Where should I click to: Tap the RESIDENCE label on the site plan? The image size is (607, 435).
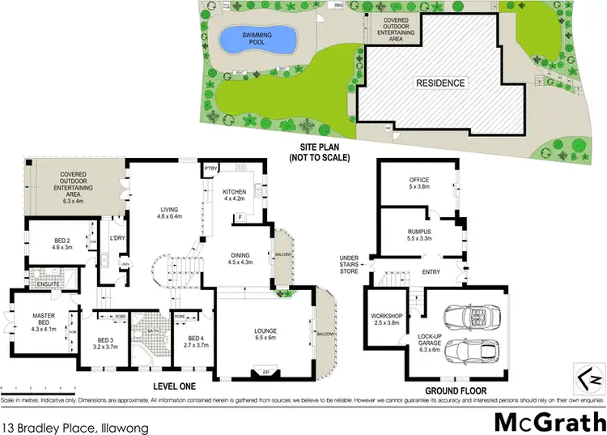(x=440, y=83)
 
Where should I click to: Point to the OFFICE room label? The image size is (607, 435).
(x=418, y=180)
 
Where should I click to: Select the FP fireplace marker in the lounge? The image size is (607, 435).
(x=265, y=374)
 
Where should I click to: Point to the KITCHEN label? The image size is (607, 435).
(x=234, y=192)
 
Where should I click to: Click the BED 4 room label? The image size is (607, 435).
(x=196, y=338)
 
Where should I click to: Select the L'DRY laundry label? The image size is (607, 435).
(x=116, y=238)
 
